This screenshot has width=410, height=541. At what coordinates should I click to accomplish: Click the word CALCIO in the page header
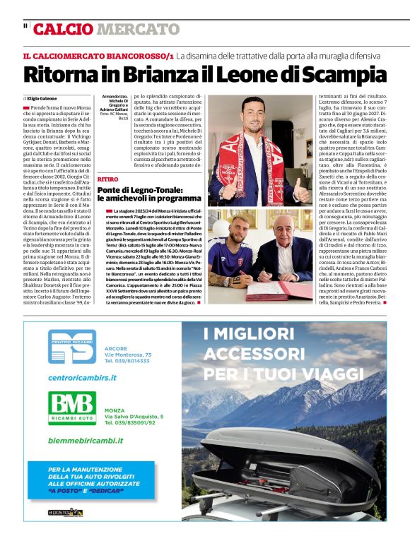click(x=63, y=29)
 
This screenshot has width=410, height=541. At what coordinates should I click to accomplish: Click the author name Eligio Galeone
click(x=42, y=99)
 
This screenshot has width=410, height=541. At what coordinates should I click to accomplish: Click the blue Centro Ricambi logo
click(x=71, y=350)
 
